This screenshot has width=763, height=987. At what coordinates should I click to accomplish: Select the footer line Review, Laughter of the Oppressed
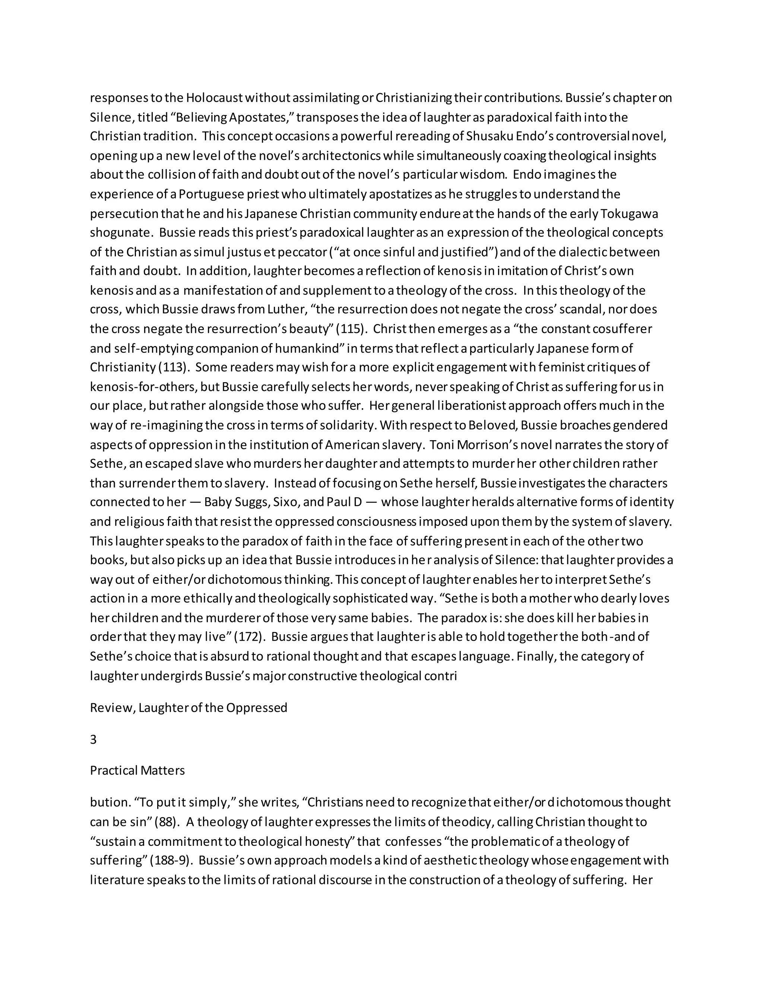189,708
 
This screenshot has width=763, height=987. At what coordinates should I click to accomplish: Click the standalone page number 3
93,739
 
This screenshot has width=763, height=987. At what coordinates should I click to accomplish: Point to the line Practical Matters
137,771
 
